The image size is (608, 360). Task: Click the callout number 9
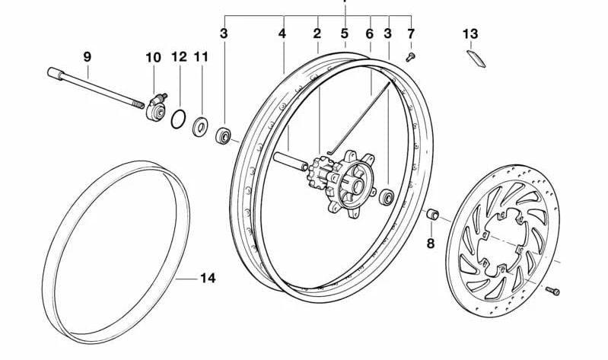87,56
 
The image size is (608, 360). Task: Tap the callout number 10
153,56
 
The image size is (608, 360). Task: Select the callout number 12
179,56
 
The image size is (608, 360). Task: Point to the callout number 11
201,56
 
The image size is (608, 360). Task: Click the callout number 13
471,33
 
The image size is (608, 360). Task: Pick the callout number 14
208,279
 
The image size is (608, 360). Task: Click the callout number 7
411,33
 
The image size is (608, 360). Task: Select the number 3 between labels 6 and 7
388,33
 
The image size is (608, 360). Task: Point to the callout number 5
344,33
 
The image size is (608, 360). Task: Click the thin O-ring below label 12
178,119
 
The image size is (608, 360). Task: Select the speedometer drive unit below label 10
157,107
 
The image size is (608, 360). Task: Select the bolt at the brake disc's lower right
552,290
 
